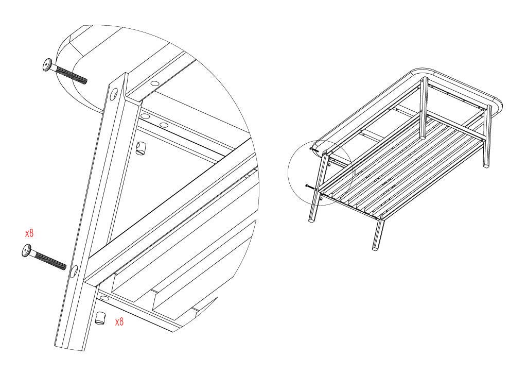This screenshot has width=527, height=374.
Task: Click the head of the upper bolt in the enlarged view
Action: tap(48, 64)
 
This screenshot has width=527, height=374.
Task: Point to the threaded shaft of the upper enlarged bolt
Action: tap(71, 75)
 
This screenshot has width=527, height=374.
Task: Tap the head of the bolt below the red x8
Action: tap(27, 250)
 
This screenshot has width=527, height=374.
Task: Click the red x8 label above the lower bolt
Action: tap(29, 233)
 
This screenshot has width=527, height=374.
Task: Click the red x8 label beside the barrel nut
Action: tap(119, 322)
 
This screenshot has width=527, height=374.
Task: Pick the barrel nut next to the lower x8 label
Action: tap(100, 318)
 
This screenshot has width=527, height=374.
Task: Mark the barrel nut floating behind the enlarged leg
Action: tap(141, 148)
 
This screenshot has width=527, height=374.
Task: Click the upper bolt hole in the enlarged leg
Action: tap(114, 94)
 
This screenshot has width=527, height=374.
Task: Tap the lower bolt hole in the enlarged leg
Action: tap(74, 271)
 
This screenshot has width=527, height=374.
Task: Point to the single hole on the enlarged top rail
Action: tap(154, 83)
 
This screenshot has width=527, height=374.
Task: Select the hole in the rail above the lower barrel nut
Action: tap(104, 298)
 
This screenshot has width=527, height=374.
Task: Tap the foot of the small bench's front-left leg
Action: tap(311, 220)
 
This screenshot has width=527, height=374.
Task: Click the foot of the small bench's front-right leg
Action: tap(375, 249)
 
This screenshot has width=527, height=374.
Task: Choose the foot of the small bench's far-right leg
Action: tap(486, 165)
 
